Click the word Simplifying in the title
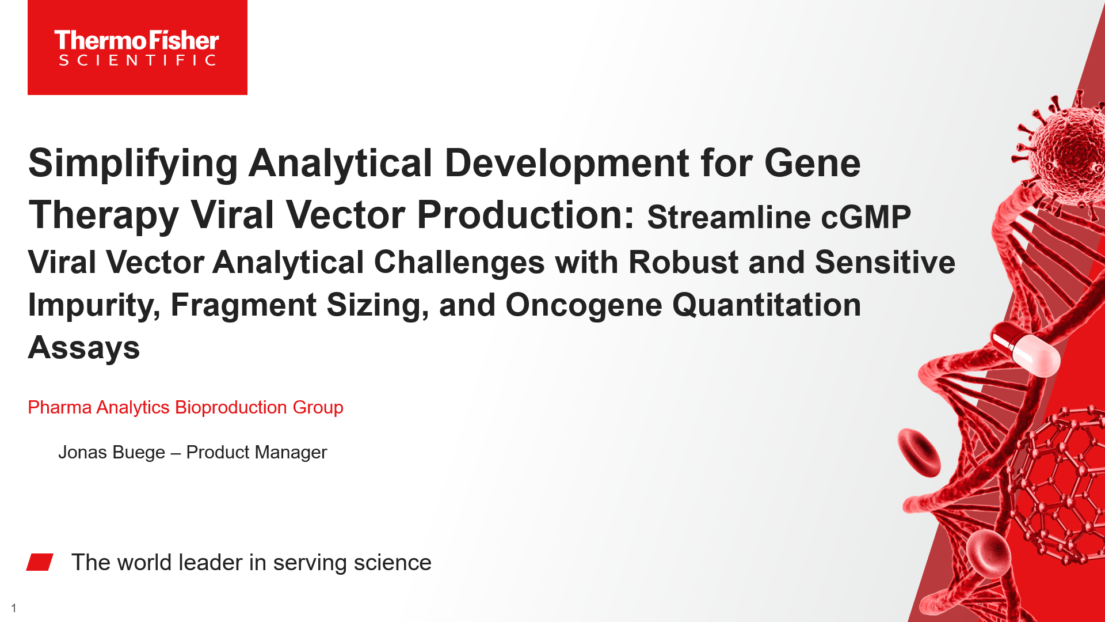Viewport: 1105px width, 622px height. (x=133, y=163)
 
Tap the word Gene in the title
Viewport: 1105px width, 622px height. (x=812, y=163)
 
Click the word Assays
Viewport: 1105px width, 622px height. (x=84, y=347)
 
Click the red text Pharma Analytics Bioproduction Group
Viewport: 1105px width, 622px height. (x=185, y=407)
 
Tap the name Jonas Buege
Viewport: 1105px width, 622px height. (x=112, y=452)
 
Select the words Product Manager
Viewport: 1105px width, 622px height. (x=257, y=452)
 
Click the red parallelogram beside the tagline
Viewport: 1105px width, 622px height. (x=40, y=562)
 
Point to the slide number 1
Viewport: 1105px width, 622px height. (x=14, y=608)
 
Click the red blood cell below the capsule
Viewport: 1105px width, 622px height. (x=919, y=452)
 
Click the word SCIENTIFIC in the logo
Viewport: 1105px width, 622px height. (x=137, y=60)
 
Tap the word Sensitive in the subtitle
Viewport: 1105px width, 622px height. (x=885, y=263)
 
